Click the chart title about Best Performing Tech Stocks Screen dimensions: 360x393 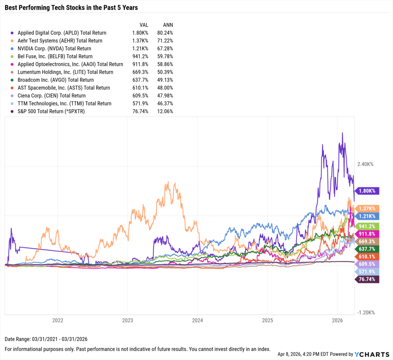pos(71,8)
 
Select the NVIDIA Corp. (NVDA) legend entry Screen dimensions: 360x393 pos(54,49)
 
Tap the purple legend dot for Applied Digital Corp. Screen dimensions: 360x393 pos(13,33)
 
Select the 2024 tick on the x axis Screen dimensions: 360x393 pos(197,320)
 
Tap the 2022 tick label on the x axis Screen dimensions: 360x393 pos(58,320)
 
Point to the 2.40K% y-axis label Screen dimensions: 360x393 pos(365,164)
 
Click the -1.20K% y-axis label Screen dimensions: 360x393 pos(366,312)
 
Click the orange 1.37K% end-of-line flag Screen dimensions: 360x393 pos(367,208)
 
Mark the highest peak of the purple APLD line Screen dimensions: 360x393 pos(342,133)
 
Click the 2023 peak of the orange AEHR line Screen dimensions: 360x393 pos(175,183)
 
